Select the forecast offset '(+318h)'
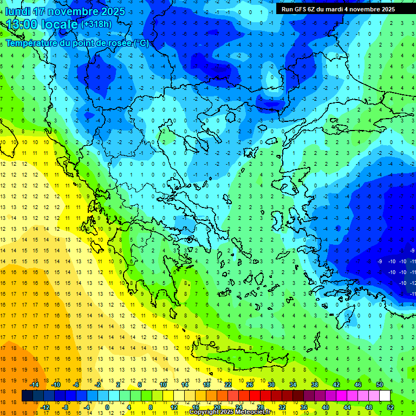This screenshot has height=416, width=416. pos(96,24)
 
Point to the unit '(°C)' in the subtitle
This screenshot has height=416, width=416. pos(140,43)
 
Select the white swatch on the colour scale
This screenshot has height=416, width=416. pos(385,396)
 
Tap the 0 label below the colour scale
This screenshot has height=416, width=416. pos(107,407)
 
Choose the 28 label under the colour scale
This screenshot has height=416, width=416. pos(260,407)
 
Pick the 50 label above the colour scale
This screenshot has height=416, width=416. pos(380,385)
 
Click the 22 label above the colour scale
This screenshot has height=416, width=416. pos(228,385)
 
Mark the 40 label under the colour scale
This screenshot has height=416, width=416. pos(326,407)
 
